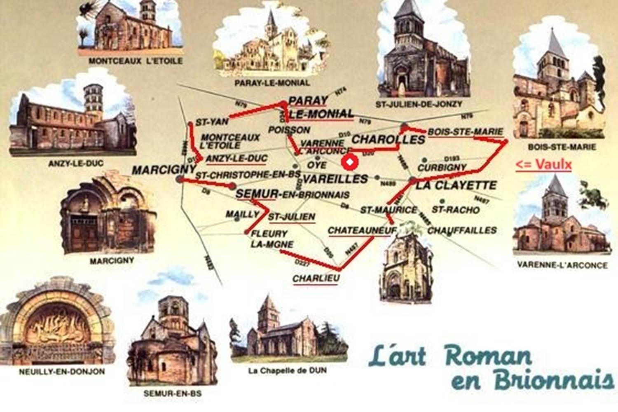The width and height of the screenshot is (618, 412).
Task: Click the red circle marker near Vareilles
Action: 350,163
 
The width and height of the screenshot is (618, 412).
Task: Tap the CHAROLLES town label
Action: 388,139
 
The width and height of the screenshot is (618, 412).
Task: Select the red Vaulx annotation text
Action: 543,164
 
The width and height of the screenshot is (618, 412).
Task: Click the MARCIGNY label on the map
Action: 164,169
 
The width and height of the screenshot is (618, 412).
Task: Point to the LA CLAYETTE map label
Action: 456,185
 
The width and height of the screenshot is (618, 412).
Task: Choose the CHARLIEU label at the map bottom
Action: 316,278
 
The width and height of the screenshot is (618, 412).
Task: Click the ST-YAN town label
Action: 212,122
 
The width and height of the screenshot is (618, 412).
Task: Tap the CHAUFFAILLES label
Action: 462,230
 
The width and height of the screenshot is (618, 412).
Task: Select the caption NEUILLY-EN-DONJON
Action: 62,372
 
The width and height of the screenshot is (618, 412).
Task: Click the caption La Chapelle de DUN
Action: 287,370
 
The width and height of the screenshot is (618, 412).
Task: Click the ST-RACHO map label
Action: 456,210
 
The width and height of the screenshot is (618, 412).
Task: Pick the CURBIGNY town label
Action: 442,168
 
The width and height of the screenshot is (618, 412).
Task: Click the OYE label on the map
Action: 317,165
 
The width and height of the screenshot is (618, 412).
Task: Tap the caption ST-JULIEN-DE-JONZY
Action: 419,104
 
